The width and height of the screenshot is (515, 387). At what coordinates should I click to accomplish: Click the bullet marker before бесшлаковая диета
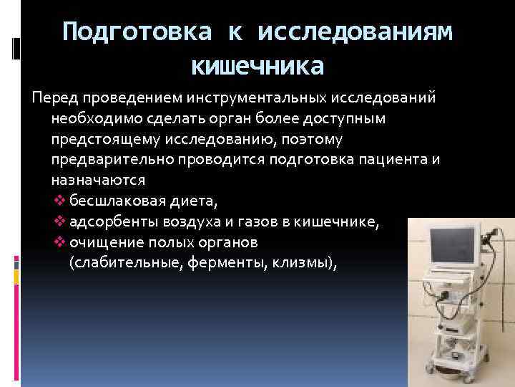point(59,201)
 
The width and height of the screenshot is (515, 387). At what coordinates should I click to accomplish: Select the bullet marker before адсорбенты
point(59,222)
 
